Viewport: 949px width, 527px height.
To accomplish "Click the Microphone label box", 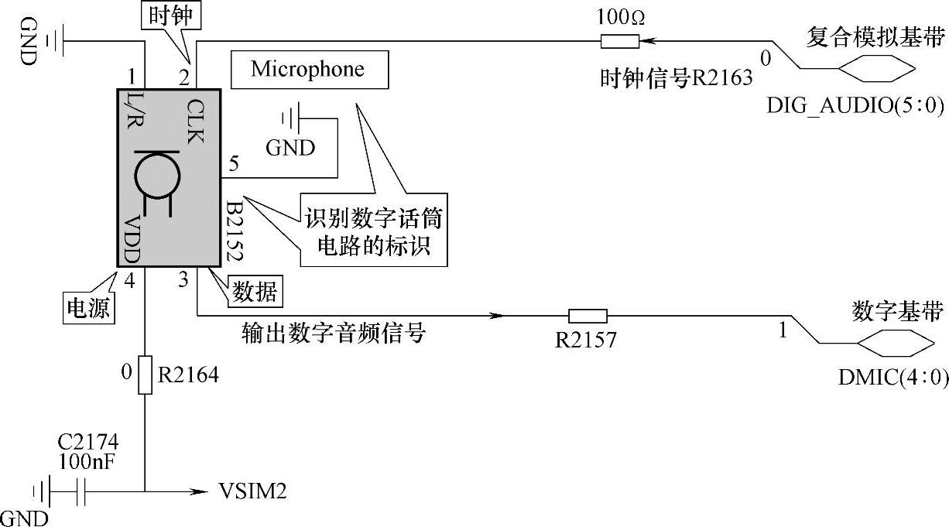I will pyautogui.click(x=308, y=70).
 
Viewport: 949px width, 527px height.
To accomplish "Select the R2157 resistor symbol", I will pyautogui.click(x=588, y=316).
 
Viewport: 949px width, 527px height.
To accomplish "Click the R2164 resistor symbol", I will pyautogui.click(x=145, y=375).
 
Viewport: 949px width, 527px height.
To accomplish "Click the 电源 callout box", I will pyautogui.click(x=87, y=307).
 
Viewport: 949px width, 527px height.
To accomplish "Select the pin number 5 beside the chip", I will pyautogui.click(x=234, y=163).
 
